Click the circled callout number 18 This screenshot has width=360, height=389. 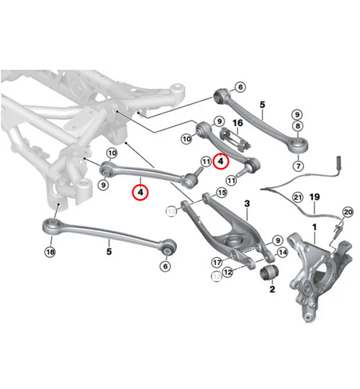50,251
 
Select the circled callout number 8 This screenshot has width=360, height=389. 298,127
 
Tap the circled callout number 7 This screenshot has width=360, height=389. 298,166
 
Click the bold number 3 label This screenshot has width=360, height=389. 246,203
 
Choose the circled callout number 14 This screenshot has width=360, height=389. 282,252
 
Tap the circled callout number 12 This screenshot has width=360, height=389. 229,271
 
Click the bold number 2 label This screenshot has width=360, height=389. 272,289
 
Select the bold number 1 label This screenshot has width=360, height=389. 315,227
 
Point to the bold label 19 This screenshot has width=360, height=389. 315,197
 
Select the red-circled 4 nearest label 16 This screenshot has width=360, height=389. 220,161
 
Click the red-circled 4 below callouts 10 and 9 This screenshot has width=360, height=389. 142,192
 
